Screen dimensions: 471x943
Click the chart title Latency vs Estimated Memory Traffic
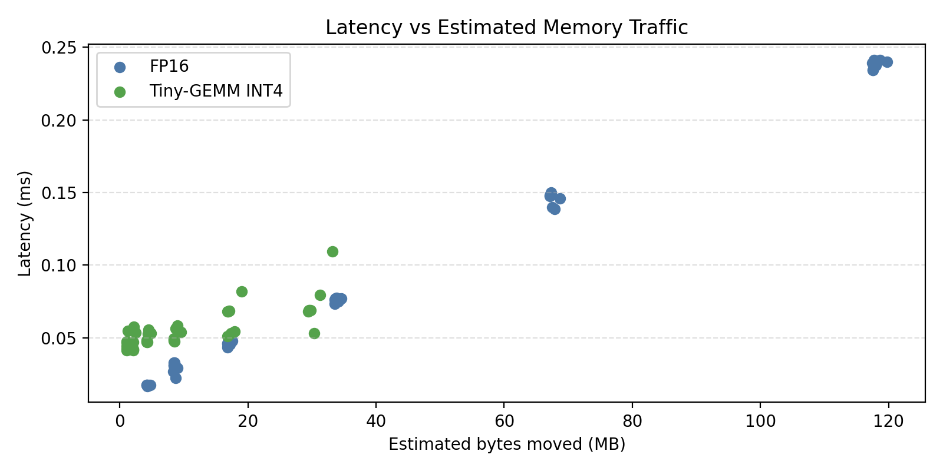(506, 28)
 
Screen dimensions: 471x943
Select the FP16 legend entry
(169, 67)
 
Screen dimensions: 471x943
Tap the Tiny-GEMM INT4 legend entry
(216, 91)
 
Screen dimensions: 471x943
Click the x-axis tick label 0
(120, 422)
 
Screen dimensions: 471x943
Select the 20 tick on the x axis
(248, 422)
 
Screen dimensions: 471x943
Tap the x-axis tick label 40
(376, 422)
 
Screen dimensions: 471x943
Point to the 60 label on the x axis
(504, 422)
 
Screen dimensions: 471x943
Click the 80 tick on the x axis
(632, 422)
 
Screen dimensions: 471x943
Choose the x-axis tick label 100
(760, 422)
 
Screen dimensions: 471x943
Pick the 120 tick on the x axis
(888, 422)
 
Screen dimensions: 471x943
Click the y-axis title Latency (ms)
(25, 224)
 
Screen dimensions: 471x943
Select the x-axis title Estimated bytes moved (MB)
(506, 444)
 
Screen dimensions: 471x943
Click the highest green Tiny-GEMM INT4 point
(332, 251)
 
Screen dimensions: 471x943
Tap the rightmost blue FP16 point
(887, 62)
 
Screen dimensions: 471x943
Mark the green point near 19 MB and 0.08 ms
(242, 291)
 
